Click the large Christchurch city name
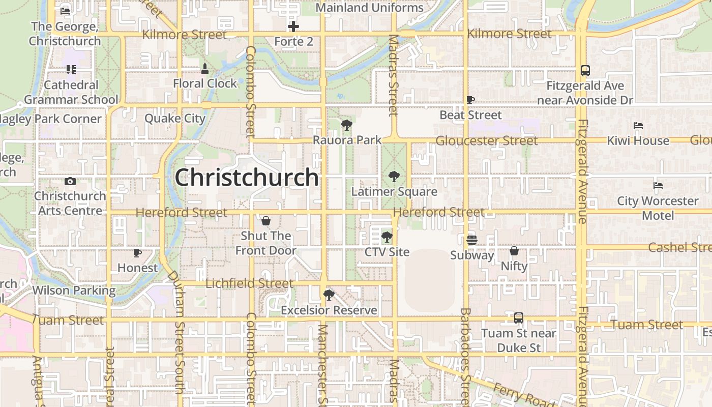coord(247,178)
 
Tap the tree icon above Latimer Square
coord(394,177)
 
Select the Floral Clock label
coord(205,83)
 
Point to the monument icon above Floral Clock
coord(205,69)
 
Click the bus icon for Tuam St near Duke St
coord(518,318)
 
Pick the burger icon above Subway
coord(472,240)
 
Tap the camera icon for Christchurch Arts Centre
coord(70,181)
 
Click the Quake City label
coord(174,119)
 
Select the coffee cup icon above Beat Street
coord(470,100)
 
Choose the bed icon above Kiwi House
coord(638,126)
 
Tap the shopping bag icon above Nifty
coord(514,251)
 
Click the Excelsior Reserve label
coord(329,310)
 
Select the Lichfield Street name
coord(249,283)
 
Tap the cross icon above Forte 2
coord(293,26)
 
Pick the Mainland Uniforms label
coord(369,8)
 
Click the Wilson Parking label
coord(74,290)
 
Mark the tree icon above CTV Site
coord(387,237)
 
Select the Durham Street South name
coord(176,331)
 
